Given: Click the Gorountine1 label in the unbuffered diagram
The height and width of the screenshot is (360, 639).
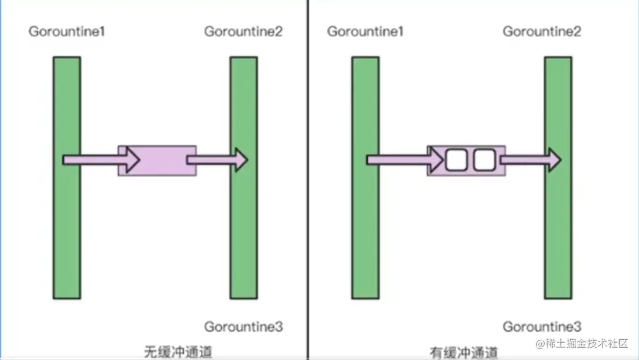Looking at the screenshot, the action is click(67, 32).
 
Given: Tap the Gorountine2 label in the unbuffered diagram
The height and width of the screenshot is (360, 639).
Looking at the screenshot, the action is click(243, 32).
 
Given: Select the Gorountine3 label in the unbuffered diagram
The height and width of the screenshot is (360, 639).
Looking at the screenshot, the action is click(243, 327).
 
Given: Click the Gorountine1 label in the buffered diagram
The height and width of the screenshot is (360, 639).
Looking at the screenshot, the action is click(365, 32).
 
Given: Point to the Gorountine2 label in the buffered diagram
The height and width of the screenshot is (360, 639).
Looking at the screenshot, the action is click(542, 32).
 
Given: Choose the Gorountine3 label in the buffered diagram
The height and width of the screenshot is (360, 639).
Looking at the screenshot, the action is click(542, 327).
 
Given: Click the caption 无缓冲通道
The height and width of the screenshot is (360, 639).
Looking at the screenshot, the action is click(178, 351).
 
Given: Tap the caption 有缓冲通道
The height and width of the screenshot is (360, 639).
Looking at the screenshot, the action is click(464, 352).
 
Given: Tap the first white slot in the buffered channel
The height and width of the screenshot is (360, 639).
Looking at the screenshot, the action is click(456, 160).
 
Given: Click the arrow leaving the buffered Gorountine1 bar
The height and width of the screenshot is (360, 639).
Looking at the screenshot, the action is click(399, 160).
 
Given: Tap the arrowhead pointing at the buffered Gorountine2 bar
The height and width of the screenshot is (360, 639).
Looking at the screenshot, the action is click(553, 160).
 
